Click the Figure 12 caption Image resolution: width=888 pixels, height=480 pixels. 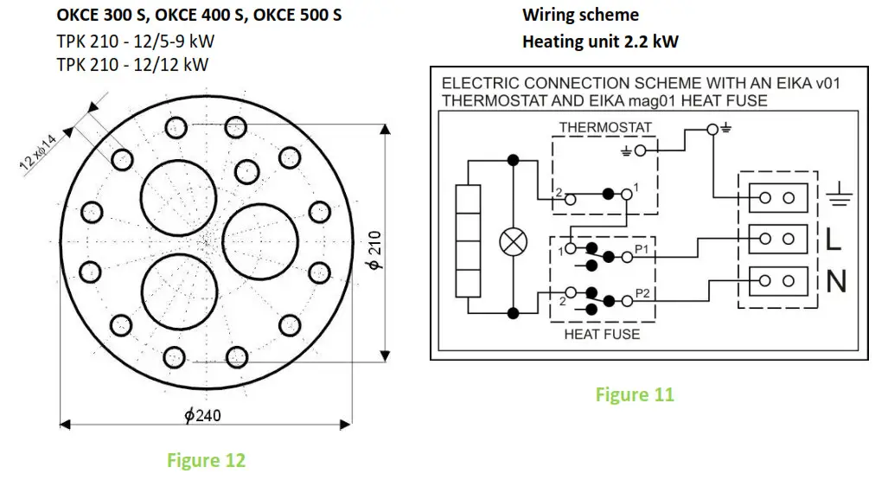coord(206,459)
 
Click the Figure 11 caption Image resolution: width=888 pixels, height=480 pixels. coord(635,394)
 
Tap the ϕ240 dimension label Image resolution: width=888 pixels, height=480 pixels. coord(202,415)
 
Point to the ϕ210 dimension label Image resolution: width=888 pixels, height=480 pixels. coord(375,250)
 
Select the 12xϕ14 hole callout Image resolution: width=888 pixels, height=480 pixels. coord(39,152)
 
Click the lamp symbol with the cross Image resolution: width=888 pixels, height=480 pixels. coord(513,242)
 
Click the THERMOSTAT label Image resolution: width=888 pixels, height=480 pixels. coord(605,127)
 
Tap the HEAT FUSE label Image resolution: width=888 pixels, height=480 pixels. coord(602,335)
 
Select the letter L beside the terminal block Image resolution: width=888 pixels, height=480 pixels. coord(833,240)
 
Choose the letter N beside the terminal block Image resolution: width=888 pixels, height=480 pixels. coord(836,281)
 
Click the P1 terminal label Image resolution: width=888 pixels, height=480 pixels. coord(642,249)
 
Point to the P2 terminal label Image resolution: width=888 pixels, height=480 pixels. coord(642,293)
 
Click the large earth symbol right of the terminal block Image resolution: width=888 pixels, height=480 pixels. coord(839,194)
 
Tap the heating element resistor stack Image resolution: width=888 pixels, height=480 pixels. coord(468,240)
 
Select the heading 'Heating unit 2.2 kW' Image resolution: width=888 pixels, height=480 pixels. coord(600,42)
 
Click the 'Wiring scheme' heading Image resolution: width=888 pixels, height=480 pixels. coord(580,15)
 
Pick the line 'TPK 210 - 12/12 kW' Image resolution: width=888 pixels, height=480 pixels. coord(132,65)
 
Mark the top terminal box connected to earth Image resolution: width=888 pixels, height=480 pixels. coord(778,198)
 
